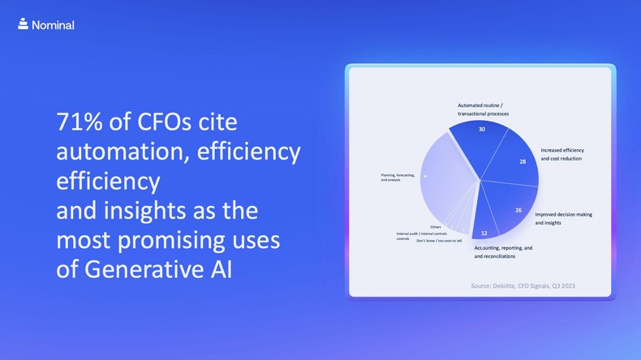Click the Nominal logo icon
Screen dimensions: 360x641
pyautogui.click(x=23, y=24)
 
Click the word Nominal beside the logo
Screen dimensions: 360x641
pyautogui.click(x=53, y=25)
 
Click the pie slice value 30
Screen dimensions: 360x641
pyautogui.click(x=482, y=129)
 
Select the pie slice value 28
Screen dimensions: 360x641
pyautogui.click(x=523, y=161)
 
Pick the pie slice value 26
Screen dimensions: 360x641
pyautogui.click(x=518, y=210)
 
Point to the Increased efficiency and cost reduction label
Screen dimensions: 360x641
pyautogui.click(x=562, y=154)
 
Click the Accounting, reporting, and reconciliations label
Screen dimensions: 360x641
pyautogui.click(x=503, y=251)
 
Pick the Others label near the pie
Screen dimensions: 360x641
pyautogui.click(x=436, y=227)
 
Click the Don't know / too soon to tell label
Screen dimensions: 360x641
pyautogui.click(x=439, y=241)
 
